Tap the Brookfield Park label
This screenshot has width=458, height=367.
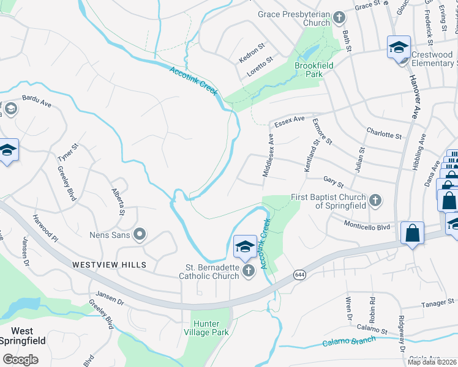click(309, 69)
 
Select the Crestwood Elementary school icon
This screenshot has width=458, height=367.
click(399, 46)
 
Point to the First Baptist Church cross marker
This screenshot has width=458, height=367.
click(375, 200)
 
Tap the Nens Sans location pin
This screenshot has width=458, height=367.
click(140, 234)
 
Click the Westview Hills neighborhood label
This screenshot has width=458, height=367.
click(109, 265)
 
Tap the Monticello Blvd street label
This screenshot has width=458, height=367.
click(366, 225)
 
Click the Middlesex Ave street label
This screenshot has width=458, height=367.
click(269, 157)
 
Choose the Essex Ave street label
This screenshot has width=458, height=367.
click(289, 121)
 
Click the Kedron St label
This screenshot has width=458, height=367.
click(252, 53)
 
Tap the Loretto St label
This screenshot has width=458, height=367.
click(259, 63)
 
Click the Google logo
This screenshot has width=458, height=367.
click(20, 360)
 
